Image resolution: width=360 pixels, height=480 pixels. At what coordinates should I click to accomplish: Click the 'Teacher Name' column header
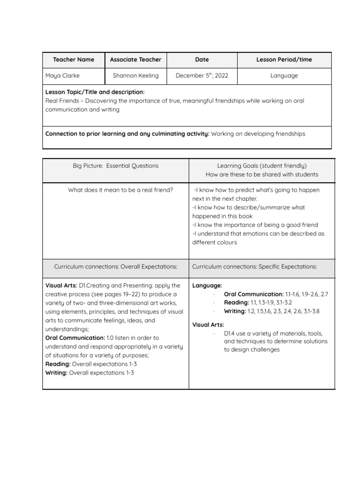pyautogui.click(x=73, y=60)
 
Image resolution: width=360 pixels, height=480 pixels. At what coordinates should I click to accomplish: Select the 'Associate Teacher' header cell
pyautogui.click(x=135, y=60)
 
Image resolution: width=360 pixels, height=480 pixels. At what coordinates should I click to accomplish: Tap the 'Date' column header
pyautogui.click(x=202, y=60)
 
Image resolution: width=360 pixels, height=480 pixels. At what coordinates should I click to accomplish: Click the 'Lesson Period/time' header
pyautogui.click(x=284, y=60)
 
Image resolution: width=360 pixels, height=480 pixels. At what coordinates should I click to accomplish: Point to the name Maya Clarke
pyautogui.click(x=62, y=75)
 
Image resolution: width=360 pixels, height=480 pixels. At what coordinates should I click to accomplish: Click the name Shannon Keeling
pyautogui.click(x=135, y=75)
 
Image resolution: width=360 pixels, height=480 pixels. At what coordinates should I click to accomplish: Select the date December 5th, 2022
pyautogui.click(x=202, y=75)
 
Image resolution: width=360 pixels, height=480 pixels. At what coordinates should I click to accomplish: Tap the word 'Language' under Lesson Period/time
pyautogui.click(x=284, y=75)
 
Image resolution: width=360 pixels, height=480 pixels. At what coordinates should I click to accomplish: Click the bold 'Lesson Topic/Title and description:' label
pyautogui.click(x=95, y=92)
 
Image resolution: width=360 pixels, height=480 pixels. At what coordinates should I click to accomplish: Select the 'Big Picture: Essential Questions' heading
pyautogui.click(x=116, y=165)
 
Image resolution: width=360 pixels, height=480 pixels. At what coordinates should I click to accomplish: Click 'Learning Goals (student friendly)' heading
pyautogui.click(x=262, y=165)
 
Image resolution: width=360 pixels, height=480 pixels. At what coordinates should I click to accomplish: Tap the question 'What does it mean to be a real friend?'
pyautogui.click(x=120, y=190)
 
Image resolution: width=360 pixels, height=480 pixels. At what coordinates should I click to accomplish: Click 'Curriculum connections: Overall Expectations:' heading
pyautogui.click(x=116, y=266)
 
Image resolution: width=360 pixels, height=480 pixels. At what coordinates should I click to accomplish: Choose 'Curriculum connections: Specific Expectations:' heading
pyautogui.click(x=255, y=266)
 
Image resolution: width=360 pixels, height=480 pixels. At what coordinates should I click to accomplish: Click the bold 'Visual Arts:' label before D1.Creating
pyautogui.click(x=61, y=285)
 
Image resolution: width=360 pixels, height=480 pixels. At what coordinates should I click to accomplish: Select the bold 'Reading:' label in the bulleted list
pyautogui.click(x=236, y=302)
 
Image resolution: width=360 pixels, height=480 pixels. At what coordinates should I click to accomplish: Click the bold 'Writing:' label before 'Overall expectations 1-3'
pyautogui.click(x=56, y=373)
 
